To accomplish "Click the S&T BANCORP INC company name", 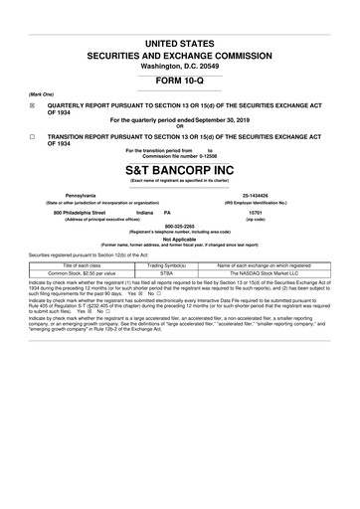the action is point(179,168).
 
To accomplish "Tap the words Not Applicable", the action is point(179,239).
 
